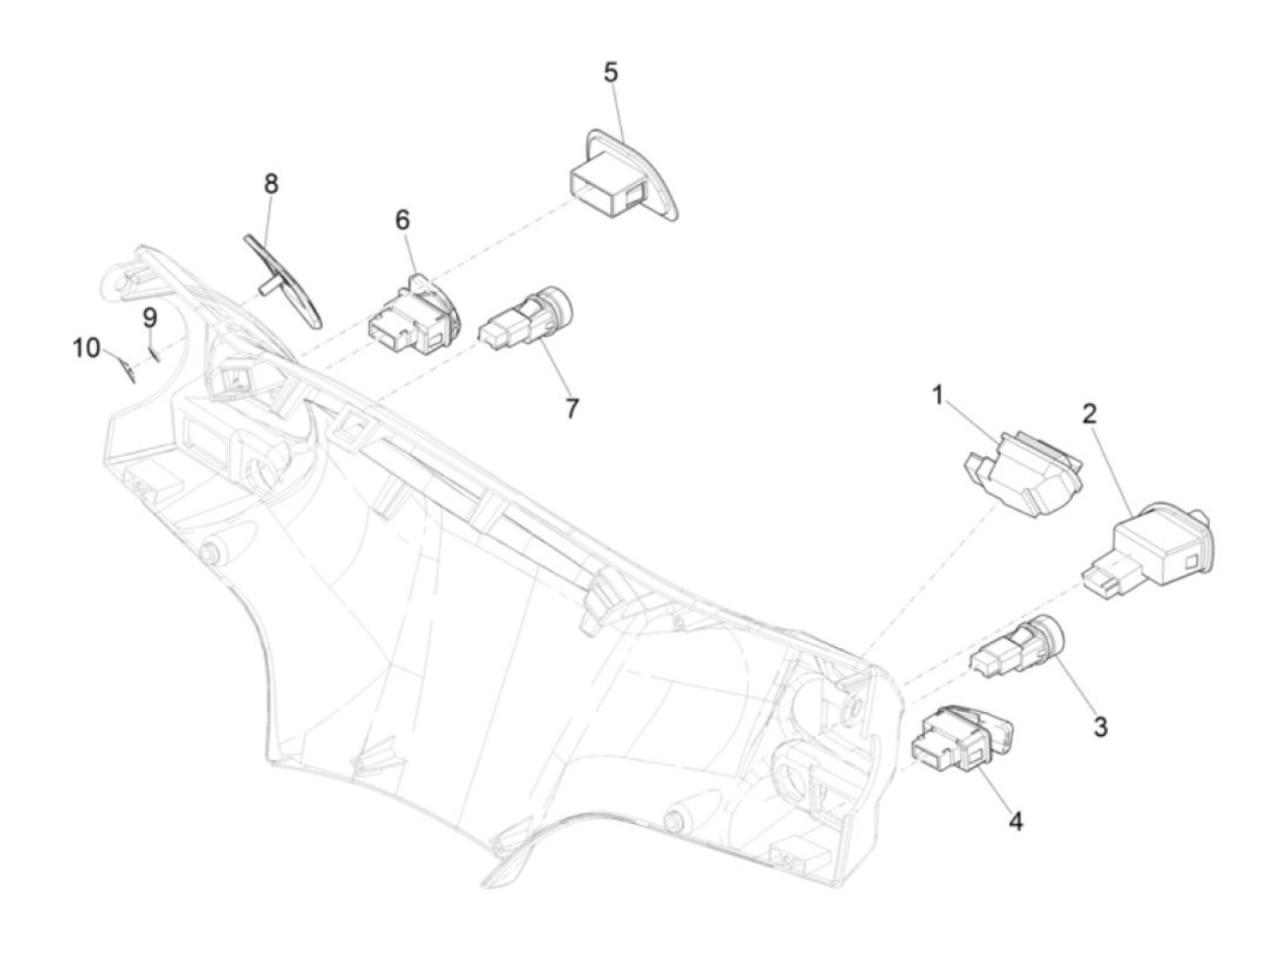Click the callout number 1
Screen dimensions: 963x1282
pos(938,395)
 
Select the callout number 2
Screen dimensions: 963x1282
pos(1089,413)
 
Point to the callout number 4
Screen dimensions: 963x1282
pos(1016,822)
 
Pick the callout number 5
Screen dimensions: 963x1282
pos(611,72)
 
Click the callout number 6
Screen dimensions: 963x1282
pos(403,220)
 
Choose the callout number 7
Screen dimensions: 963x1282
pos(572,408)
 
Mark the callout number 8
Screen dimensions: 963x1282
pos(271,183)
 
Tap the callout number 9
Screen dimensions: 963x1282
pos(149,318)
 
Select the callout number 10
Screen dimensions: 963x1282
pos(87,348)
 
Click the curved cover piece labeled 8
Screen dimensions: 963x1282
pos(284,279)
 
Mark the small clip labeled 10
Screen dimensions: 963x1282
pos(126,368)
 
